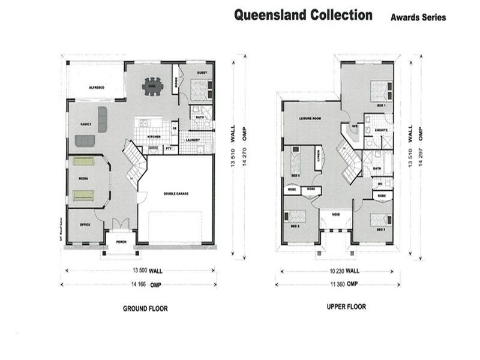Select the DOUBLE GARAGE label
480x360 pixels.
pos(176,194)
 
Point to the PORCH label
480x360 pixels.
pos(122,242)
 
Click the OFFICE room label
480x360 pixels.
pos(85,225)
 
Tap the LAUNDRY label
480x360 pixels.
pos(193,140)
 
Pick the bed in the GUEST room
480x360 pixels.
pos(199,91)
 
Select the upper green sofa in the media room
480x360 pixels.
pos(83,161)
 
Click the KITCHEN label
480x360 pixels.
pos(154,137)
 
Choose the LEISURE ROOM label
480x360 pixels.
pos(310,119)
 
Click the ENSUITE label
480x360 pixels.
pos(380,130)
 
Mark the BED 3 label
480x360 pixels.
pos(381,230)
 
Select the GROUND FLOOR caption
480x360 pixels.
pos(145,309)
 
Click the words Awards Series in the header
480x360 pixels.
pos(418,17)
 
